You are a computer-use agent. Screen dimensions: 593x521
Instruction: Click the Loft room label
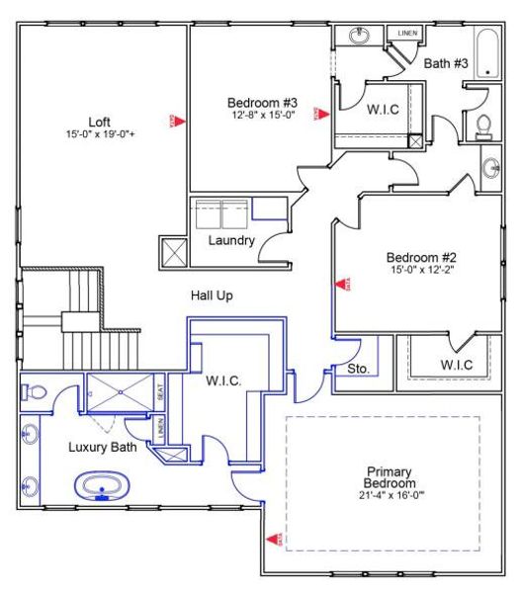pos(99,123)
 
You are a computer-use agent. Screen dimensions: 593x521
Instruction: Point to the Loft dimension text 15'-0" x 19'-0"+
pos(99,134)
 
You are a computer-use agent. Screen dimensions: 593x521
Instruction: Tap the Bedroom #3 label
pos(262,102)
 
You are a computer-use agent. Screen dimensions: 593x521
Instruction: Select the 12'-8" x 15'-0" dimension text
pos(262,115)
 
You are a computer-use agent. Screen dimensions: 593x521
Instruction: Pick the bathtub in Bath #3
pos(487,53)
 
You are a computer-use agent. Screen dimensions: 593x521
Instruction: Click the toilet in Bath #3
pos(484,124)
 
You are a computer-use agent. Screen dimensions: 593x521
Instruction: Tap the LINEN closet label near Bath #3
pos(408,33)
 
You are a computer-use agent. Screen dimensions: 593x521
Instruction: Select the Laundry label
pos(231,240)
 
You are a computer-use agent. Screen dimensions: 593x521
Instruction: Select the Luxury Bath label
pos(102,447)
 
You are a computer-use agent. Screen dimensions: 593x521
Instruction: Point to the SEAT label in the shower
pos(162,391)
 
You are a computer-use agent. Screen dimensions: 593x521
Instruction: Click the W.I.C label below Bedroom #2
pos(457,365)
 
